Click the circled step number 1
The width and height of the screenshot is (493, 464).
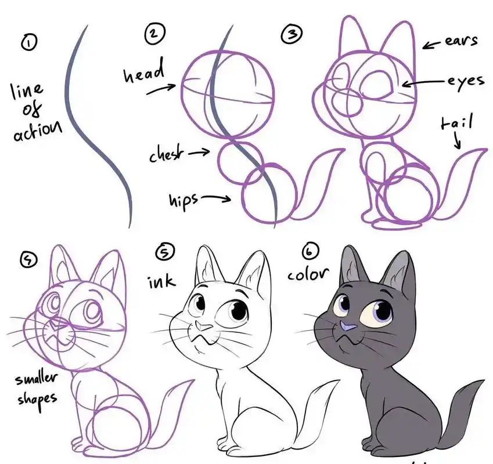pos(28,42)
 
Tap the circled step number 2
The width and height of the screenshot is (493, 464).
pos(154,33)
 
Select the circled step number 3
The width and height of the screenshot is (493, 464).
pos(292,34)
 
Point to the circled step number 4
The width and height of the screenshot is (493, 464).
pos(28,260)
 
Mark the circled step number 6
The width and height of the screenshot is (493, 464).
pos(310,252)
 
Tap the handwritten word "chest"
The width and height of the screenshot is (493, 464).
pos(166,153)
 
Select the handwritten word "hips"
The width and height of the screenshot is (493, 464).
pos(184,201)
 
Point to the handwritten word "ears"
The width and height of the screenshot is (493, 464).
pos(461,41)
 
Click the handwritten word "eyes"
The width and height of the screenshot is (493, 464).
pos(466,81)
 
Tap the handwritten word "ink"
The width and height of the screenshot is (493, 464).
pos(161,282)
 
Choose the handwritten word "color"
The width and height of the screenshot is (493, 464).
pos(308,274)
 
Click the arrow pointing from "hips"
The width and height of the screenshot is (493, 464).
pos(216,198)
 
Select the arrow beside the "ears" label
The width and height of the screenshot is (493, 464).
pos(432,45)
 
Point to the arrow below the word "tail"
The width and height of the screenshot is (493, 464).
pos(458,140)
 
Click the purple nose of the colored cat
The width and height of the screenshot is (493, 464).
pos(347,328)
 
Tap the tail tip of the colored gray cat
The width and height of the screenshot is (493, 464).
pos(480,382)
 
